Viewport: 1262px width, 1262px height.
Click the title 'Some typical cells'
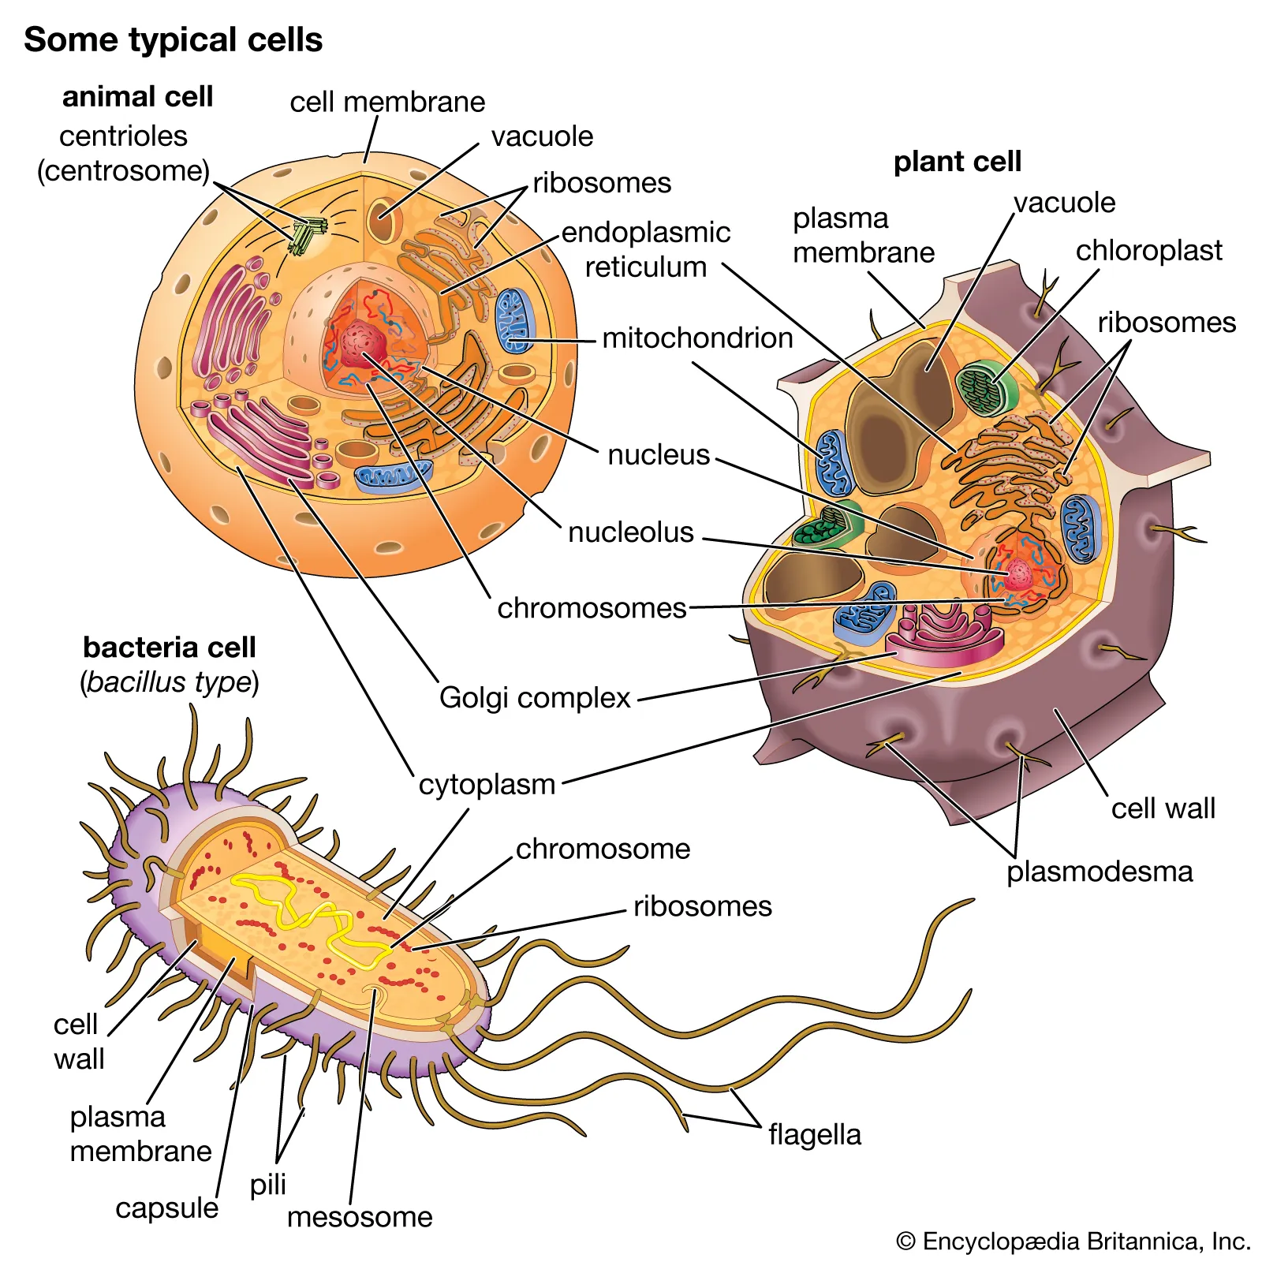click(x=173, y=39)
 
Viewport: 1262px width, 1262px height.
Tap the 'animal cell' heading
click(x=137, y=96)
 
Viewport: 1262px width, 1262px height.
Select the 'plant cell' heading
click(x=957, y=161)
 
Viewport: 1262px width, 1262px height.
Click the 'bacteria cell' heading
click(x=169, y=647)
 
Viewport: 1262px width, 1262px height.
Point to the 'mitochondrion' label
click(x=697, y=338)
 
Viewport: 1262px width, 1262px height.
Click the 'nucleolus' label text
click(x=630, y=532)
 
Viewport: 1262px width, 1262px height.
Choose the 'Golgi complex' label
click(x=535, y=697)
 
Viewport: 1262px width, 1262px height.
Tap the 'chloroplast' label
click(x=1148, y=250)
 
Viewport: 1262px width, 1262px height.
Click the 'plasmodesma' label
click(x=1100, y=872)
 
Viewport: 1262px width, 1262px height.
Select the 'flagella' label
click(x=815, y=1134)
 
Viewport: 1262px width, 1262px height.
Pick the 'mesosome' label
click(x=360, y=1216)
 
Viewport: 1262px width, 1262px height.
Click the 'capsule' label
click(x=166, y=1208)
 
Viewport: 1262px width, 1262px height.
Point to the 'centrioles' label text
click(x=123, y=136)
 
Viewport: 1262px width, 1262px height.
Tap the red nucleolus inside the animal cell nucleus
click(x=363, y=342)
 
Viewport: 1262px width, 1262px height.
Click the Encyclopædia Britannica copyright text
click(x=1073, y=1241)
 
